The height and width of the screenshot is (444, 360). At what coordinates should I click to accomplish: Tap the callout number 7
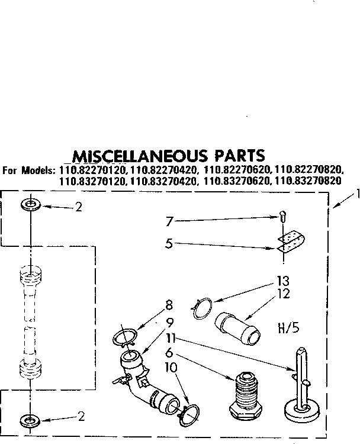[170, 221]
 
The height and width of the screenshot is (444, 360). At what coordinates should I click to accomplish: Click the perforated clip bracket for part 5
[291, 242]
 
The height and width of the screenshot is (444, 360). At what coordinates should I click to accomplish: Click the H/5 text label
[288, 327]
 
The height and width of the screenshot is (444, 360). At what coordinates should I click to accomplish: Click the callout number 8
[169, 307]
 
